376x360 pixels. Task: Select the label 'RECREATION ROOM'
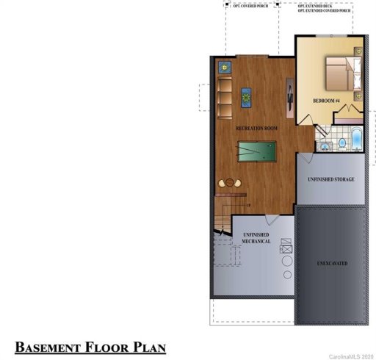(x=256, y=129)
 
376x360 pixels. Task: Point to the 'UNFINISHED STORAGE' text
(x=331, y=179)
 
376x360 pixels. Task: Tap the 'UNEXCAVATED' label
(x=332, y=262)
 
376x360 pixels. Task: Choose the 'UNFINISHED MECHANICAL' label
(x=252, y=237)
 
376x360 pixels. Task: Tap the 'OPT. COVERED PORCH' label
(x=251, y=6)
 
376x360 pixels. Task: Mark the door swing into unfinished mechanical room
(x=271, y=220)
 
